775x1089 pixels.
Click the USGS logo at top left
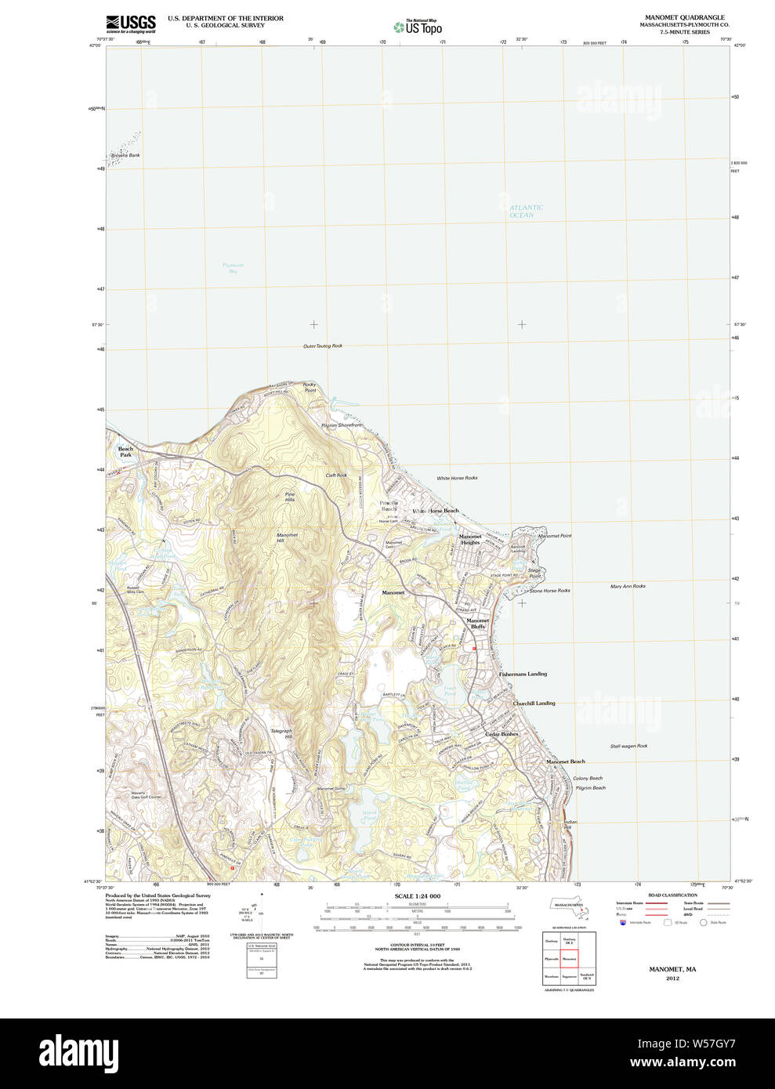coord(131,24)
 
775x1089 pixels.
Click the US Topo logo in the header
coord(418,27)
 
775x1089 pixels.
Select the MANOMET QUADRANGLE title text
coord(684,17)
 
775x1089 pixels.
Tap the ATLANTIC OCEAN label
coord(525,212)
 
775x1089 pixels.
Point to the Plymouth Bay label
coord(233,268)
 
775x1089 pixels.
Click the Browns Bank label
coord(125,155)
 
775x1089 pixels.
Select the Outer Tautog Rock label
coord(323,346)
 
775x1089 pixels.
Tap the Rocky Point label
coord(310,387)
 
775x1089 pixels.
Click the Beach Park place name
coord(125,452)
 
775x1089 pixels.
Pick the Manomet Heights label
coord(470,539)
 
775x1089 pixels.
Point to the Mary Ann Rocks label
coord(628,586)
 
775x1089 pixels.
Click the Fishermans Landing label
coord(523,674)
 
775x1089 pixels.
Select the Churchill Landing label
coord(534,703)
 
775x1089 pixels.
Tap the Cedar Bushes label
coord(502,734)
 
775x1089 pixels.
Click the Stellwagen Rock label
coord(628,746)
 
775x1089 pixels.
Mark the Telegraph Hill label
coord(281,733)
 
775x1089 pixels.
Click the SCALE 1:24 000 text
coord(417,895)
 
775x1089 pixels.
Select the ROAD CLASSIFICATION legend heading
coord(672,895)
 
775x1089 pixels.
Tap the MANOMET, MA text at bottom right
coord(672,969)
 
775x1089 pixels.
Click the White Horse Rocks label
coord(457,477)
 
